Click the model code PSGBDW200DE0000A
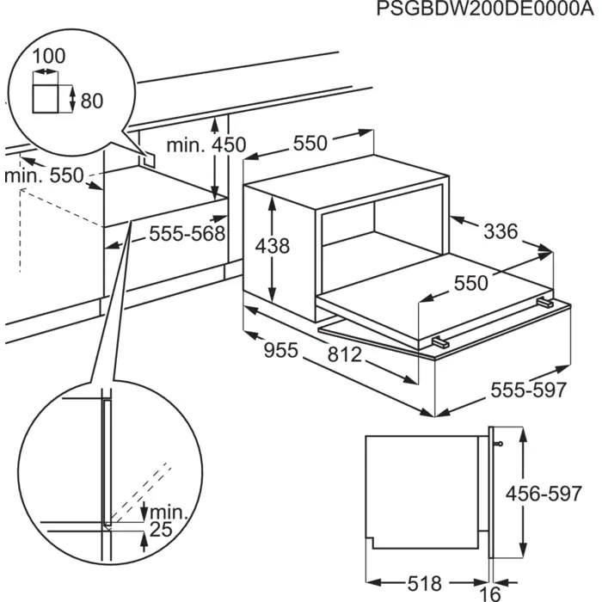click(x=486, y=10)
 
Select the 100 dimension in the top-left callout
click(x=48, y=56)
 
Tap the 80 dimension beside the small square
click(x=91, y=101)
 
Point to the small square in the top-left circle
click(x=48, y=100)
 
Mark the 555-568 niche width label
click(x=187, y=233)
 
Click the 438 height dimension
click(x=272, y=246)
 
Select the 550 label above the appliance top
click(x=310, y=144)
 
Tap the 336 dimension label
click(x=501, y=230)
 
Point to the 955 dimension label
click(x=280, y=350)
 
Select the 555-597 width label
click(x=529, y=390)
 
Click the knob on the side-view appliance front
click(x=499, y=443)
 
